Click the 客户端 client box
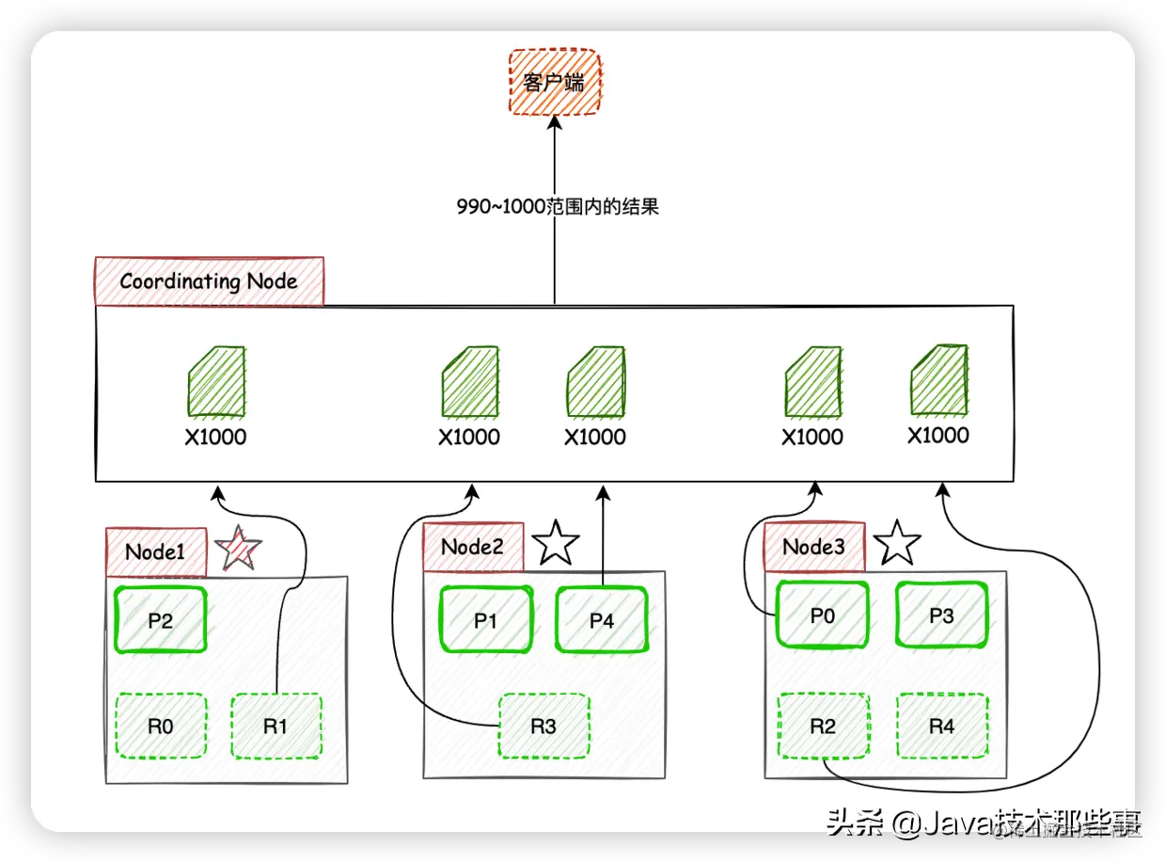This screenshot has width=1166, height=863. pyautogui.click(x=554, y=82)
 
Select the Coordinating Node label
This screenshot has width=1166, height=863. pyautogui.click(x=209, y=280)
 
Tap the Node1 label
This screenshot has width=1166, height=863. pyautogui.click(x=155, y=551)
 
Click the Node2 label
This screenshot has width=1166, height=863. pyautogui.click(x=472, y=547)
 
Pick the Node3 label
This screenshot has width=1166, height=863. pyautogui.click(x=813, y=547)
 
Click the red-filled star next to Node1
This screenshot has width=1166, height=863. pyautogui.click(x=238, y=549)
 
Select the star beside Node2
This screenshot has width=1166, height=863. pyautogui.click(x=556, y=543)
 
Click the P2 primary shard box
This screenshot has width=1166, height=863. pyautogui.click(x=160, y=619)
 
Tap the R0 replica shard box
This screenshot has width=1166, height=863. pyautogui.click(x=160, y=726)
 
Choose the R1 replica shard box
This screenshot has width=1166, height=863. pyautogui.click(x=276, y=726)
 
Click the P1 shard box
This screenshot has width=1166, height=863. pyautogui.click(x=485, y=619)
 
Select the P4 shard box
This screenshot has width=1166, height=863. pyautogui.click(x=602, y=619)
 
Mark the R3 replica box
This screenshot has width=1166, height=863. pyautogui.click(x=544, y=726)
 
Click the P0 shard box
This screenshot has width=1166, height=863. pyautogui.click(x=822, y=615)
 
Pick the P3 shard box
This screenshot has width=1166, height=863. pyautogui.click(x=941, y=615)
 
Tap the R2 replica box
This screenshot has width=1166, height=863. pyautogui.click(x=822, y=726)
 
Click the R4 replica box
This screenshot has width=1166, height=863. pyautogui.click(x=941, y=726)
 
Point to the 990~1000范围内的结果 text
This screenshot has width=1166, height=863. pyautogui.click(x=558, y=207)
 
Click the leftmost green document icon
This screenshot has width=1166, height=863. pyautogui.click(x=216, y=382)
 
